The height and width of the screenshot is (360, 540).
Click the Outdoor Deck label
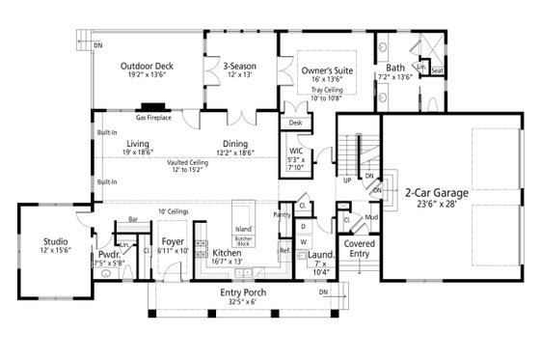pyautogui.click(x=144, y=67)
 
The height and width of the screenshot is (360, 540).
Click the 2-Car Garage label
pyautogui.click(x=437, y=193)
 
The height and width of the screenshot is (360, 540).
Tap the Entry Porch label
pyautogui.click(x=242, y=292)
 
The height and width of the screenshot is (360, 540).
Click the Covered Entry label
pyautogui.click(x=359, y=247)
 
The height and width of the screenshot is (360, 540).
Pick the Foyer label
pyautogui.click(x=173, y=242)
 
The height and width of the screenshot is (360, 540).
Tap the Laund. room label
pyautogui.click(x=324, y=253)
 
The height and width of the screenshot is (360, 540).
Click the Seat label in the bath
pyautogui.click(x=437, y=70)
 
